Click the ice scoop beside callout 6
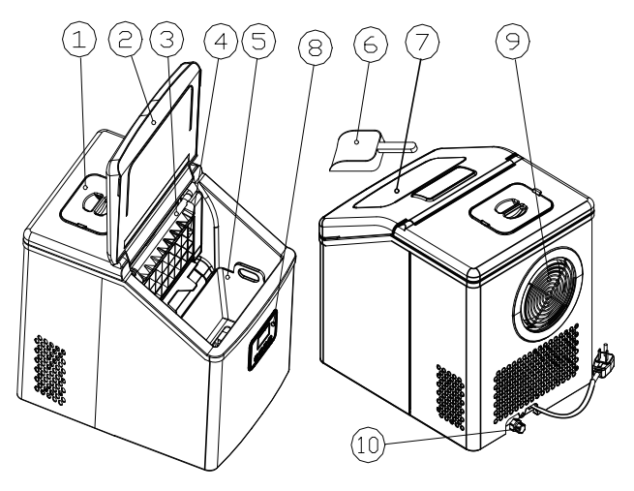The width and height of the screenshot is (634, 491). point(360,148)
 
